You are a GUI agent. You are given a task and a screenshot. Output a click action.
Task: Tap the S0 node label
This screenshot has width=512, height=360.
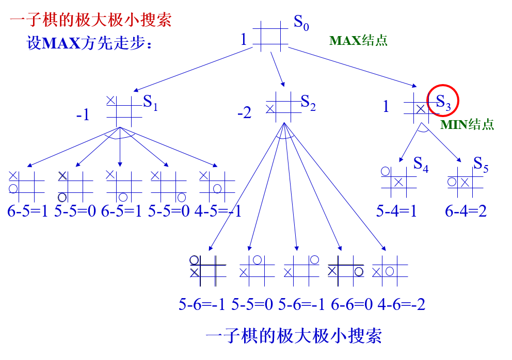[x=301, y=23]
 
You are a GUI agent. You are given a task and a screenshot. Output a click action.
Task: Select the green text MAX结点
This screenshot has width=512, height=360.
[x=358, y=40]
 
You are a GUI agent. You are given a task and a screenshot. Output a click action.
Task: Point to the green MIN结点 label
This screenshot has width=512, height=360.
[x=467, y=124]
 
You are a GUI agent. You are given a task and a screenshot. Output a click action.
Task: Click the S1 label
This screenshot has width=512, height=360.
[x=150, y=103]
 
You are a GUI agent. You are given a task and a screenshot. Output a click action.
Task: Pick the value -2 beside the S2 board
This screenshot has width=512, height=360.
[x=244, y=112]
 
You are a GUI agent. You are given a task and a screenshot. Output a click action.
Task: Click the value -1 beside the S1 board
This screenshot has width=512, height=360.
[x=83, y=114]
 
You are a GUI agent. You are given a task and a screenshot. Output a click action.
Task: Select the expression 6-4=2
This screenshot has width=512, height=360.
[x=466, y=211]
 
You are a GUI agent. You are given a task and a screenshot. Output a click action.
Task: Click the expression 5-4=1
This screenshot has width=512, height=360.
[x=396, y=211]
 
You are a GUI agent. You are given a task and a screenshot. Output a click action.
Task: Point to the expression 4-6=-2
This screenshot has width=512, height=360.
[x=401, y=304]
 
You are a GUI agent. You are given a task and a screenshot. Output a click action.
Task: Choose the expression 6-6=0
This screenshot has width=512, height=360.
[x=351, y=304]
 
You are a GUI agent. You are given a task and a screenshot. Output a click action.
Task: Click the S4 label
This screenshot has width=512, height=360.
[x=421, y=165]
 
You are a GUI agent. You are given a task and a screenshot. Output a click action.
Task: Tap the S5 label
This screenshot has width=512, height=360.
[x=481, y=164]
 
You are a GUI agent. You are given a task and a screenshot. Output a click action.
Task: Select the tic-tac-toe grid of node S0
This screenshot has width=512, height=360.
[x=270, y=36]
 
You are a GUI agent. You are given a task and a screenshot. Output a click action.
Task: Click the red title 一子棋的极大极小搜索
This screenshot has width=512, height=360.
[x=90, y=21]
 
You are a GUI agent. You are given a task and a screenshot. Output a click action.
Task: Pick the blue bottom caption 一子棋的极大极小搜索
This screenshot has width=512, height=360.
[x=294, y=336]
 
